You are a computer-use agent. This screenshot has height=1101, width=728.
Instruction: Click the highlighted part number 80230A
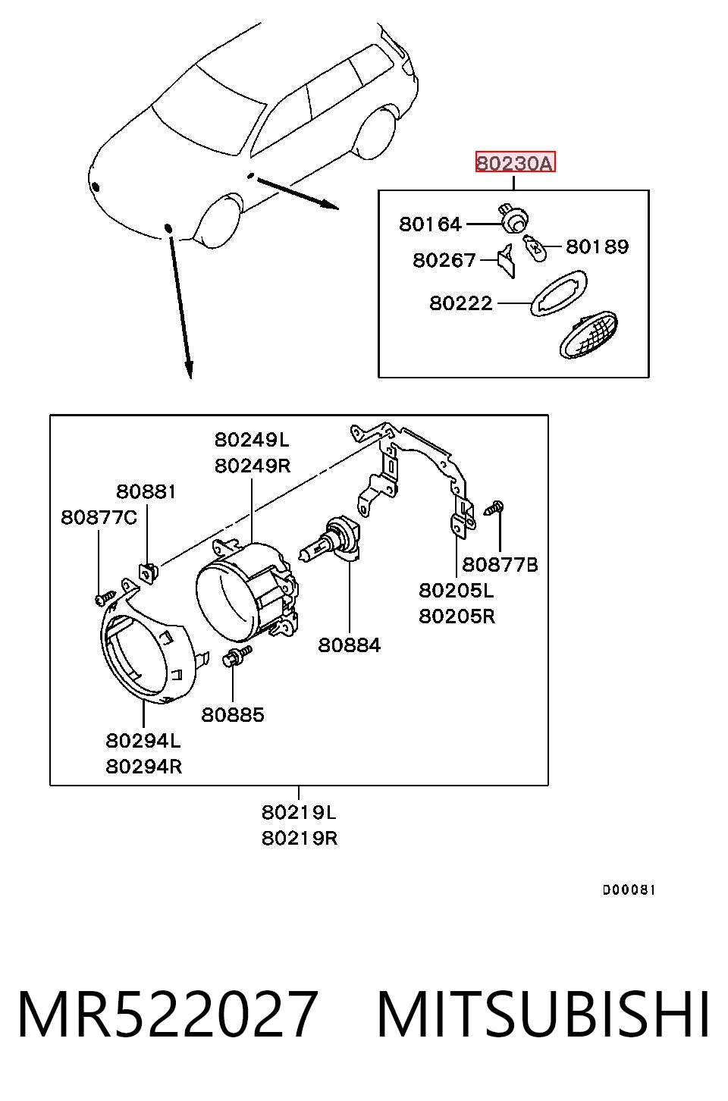pos(515,162)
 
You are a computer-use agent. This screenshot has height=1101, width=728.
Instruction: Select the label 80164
pos(430,224)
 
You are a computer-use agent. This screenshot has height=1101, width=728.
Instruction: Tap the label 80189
pos(597,246)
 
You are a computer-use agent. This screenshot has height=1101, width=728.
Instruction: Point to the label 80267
pos(444,260)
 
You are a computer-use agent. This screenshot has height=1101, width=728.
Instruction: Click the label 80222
pos(460,303)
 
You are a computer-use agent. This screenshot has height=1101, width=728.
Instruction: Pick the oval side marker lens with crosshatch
pos(588,334)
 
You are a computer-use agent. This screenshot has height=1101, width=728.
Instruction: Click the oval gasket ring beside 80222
pos(558,293)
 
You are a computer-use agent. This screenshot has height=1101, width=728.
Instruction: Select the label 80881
pos(146,491)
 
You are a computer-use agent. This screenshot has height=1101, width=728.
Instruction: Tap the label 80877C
pos(99,517)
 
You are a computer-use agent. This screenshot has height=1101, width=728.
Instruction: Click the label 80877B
pos(500,565)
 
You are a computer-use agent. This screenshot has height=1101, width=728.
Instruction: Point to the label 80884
pos(349,645)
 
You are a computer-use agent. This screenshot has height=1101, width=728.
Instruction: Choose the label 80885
pos(233,715)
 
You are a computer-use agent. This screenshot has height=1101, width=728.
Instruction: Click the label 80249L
pos(252,440)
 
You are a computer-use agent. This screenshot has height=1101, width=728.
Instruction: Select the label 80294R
pos(143,767)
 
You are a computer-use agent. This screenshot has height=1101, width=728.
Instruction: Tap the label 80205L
pos(457,590)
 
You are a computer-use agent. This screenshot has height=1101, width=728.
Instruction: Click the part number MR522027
pos(167,1015)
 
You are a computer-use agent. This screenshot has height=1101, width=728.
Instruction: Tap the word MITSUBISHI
pos(543,1015)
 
